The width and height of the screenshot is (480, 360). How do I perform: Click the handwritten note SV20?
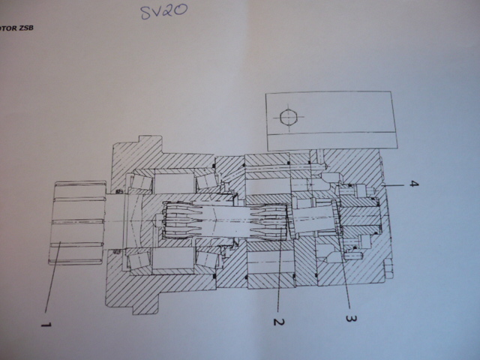pyautogui.click(x=163, y=12)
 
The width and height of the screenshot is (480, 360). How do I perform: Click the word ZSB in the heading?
pyautogui.click(x=26, y=28)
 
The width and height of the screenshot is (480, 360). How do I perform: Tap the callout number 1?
pyautogui.click(x=46, y=325)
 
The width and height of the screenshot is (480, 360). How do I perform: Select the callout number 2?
pyautogui.click(x=279, y=322)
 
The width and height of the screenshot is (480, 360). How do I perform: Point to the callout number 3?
pyautogui.click(x=351, y=318)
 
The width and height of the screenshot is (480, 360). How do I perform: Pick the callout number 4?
pyautogui.click(x=413, y=184)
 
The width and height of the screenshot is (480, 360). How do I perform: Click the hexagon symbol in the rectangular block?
pyautogui.click(x=288, y=117)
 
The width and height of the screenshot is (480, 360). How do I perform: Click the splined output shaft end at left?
pyautogui.click(x=77, y=223)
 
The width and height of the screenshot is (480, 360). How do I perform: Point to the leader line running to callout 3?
pyautogui.click(x=344, y=270)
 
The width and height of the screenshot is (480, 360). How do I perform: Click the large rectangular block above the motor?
pyautogui.click(x=332, y=121)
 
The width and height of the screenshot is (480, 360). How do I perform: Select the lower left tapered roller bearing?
pyautogui.click(x=140, y=262)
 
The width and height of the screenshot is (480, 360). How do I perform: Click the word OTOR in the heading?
pyautogui.click(x=8, y=28)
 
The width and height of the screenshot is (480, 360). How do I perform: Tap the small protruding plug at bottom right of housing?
pyautogui.click(x=388, y=268)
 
